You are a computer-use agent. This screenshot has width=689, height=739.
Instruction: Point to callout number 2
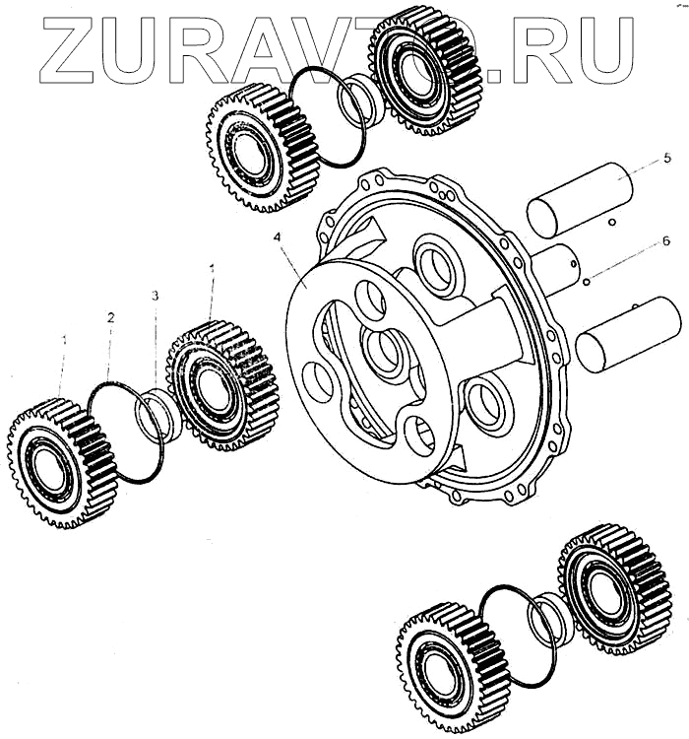111,317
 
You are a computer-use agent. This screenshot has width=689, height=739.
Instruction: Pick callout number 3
155,296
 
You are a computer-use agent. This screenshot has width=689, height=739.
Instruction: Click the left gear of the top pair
251,148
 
